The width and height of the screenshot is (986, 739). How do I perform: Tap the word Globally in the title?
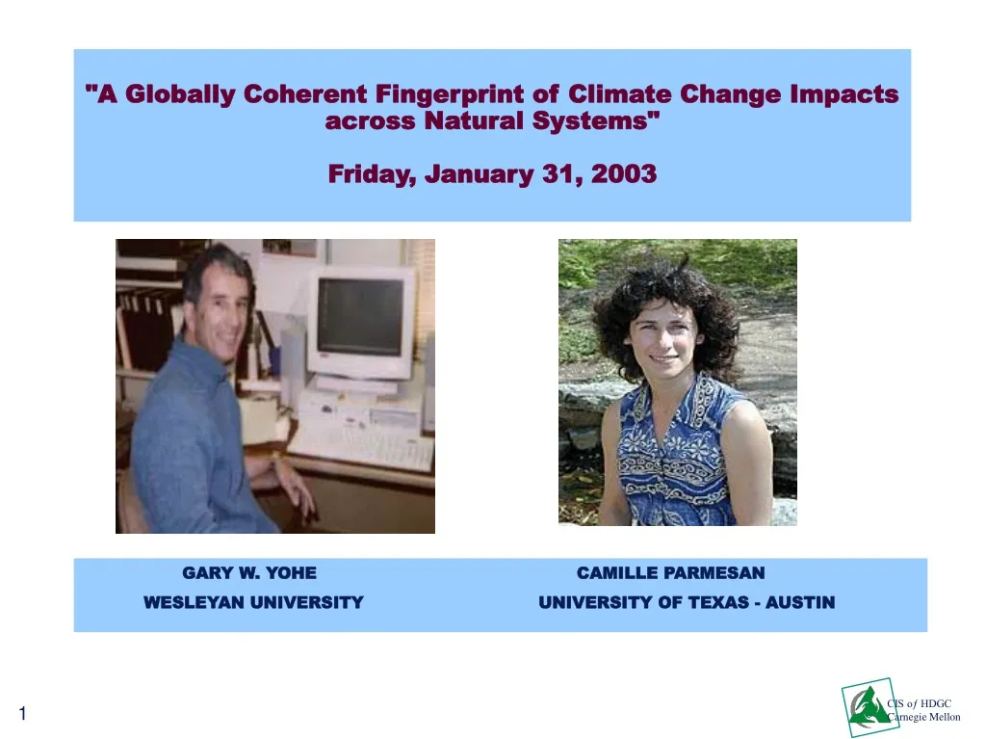[x=180, y=94]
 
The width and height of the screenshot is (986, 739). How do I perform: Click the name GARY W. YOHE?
[x=249, y=573]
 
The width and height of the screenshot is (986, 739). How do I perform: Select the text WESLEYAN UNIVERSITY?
[x=253, y=603]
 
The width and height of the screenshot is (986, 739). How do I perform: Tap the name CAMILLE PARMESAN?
[x=670, y=573]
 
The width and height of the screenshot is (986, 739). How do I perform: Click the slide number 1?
[x=22, y=714]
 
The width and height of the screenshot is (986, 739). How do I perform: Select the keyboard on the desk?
[x=361, y=445]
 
